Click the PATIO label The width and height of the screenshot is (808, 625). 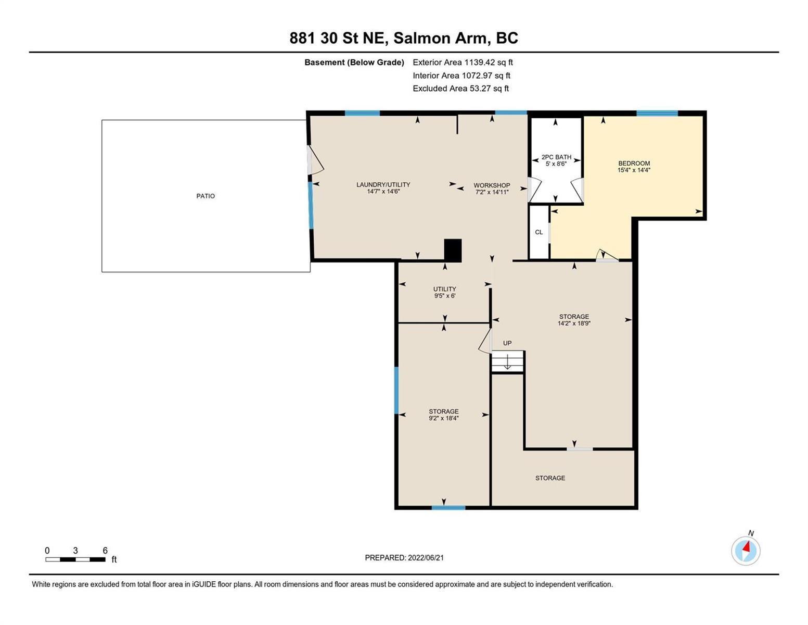click(x=206, y=196)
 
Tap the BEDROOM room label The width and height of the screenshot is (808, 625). click(x=634, y=163)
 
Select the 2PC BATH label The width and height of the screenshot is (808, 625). click(x=556, y=157)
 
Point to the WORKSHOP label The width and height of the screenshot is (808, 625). click(x=492, y=185)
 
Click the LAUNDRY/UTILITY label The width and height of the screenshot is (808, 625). click(x=383, y=184)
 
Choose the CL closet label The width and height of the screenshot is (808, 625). click(x=539, y=232)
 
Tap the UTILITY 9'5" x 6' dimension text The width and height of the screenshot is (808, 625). click(x=445, y=295)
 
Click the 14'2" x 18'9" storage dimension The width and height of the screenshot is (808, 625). click(x=574, y=323)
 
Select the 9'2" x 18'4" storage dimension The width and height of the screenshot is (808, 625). click(x=444, y=418)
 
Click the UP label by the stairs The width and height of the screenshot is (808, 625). click(x=507, y=343)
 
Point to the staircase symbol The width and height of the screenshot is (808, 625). click(x=508, y=361)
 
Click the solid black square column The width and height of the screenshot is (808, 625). click(x=453, y=251)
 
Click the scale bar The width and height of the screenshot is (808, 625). click(x=75, y=559)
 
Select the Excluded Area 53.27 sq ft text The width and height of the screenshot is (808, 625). click(x=460, y=88)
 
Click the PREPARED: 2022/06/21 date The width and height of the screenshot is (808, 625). click(x=404, y=557)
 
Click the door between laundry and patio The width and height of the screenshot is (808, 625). click(x=315, y=160)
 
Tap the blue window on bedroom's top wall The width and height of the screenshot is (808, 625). click(x=657, y=113)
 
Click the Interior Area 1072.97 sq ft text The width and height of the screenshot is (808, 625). click(x=461, y=76)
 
